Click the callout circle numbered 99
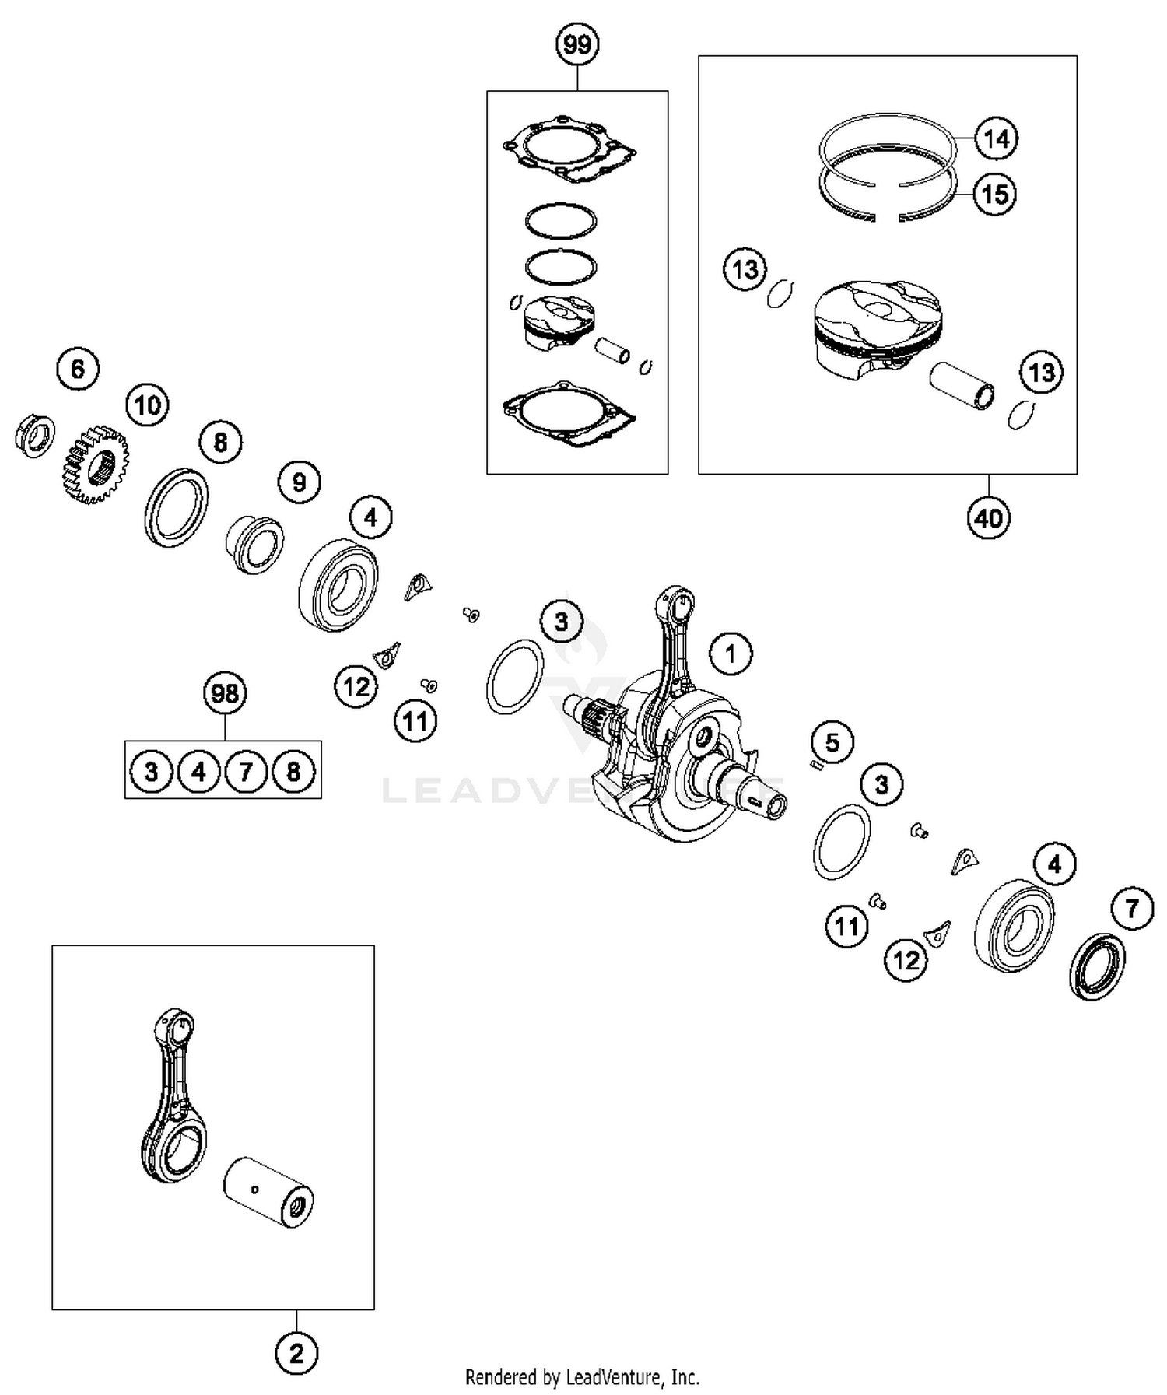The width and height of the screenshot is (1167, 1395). click(577, 45)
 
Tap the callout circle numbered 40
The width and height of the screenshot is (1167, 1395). click(988, 517)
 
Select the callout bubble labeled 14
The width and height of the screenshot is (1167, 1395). click(996, 139)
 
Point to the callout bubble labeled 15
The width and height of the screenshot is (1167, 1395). click(995, 194)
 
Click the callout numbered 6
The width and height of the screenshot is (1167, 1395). click(78, 369)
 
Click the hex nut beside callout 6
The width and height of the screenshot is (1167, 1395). click(35, 436)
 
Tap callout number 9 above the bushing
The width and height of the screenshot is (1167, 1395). click(300, 482)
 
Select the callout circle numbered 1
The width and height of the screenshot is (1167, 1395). click(731, 654)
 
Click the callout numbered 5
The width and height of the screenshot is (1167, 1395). click(832, 742)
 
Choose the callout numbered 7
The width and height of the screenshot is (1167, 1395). click(1132, 907)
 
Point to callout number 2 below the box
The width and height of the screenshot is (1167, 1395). click(296, 1355)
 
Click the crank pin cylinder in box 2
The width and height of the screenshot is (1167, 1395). click(268, 1193)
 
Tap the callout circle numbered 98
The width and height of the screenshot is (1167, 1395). click(225, 693)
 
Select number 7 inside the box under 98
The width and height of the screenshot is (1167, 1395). click(246, 772)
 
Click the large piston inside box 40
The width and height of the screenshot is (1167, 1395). click(877, 327)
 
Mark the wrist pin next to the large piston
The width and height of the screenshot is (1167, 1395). click(962, 387)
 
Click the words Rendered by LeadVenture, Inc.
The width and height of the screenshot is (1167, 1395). click(582, 1378)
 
